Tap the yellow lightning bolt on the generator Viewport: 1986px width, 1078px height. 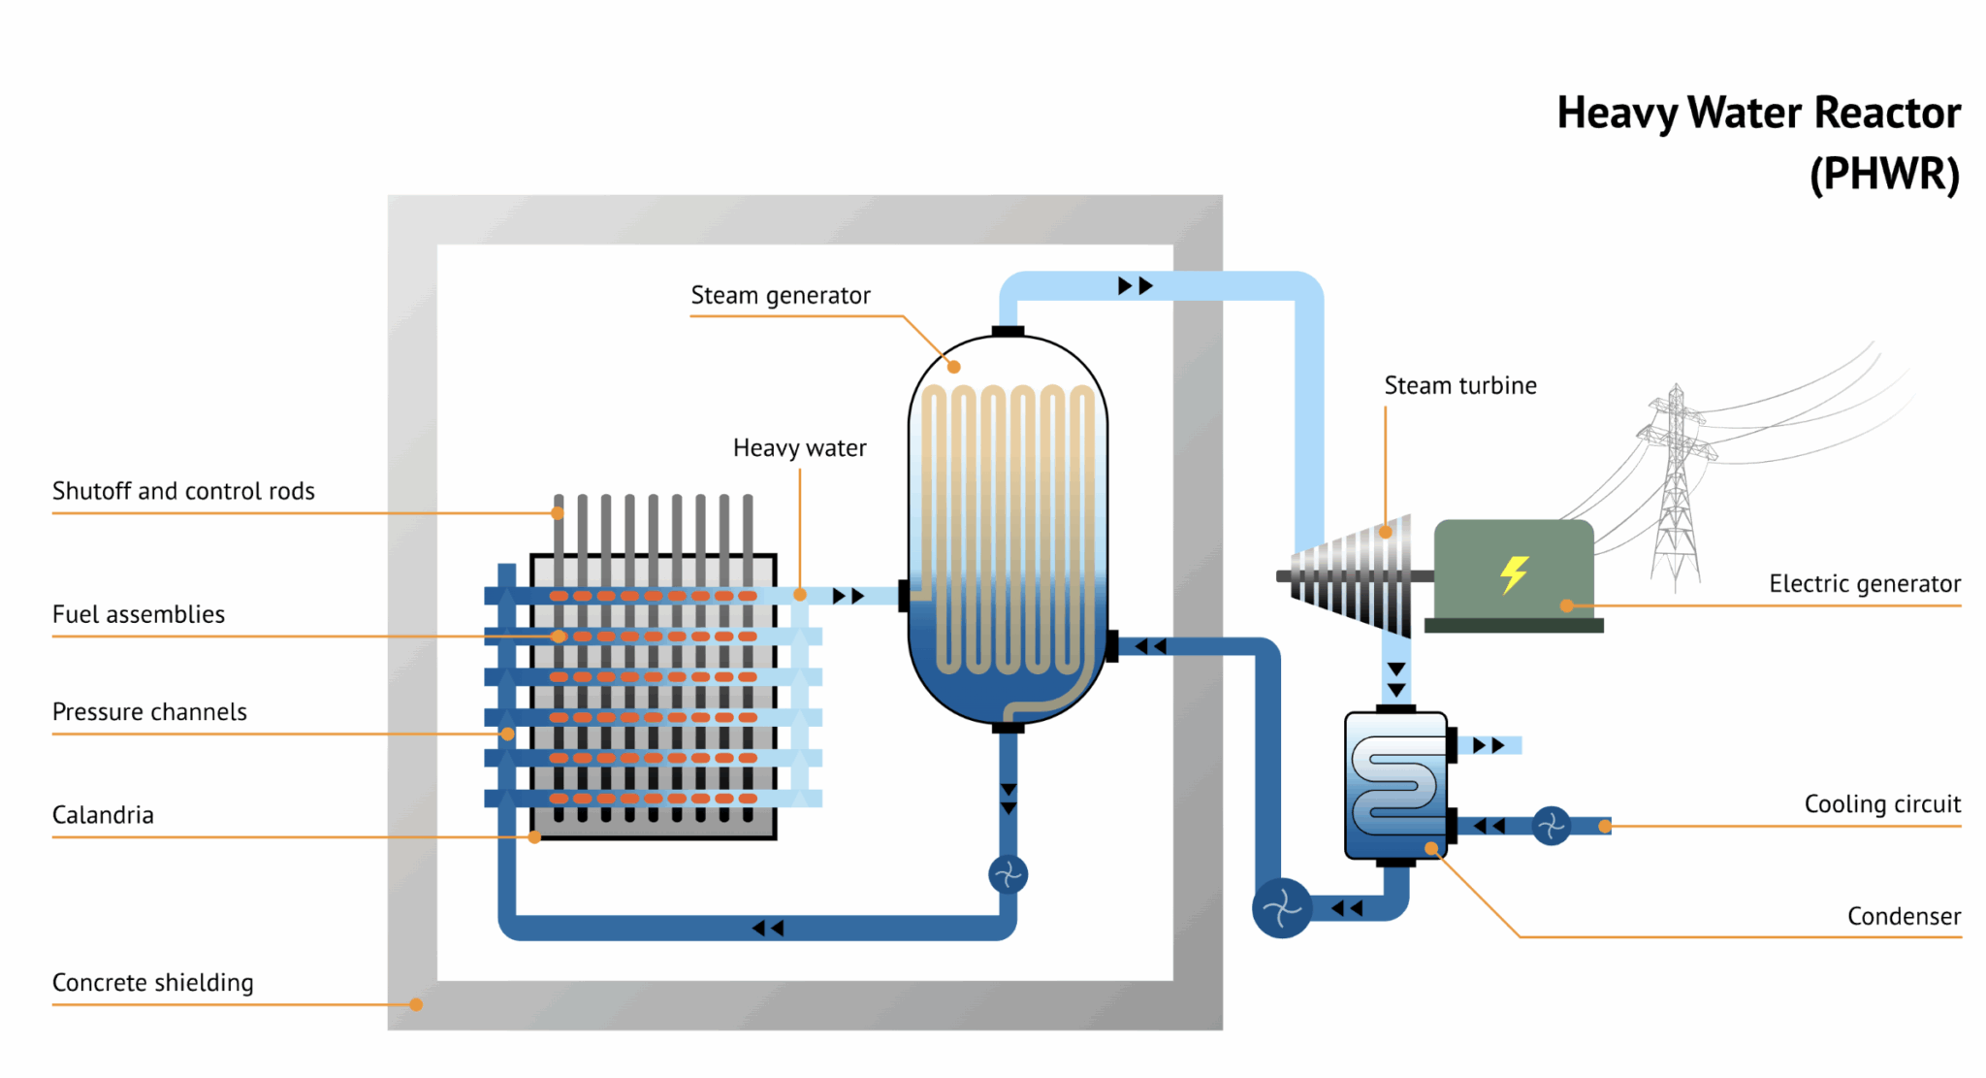[1514, 573]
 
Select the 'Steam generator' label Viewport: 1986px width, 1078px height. [780, 295]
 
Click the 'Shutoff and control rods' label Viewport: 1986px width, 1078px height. [183, 491]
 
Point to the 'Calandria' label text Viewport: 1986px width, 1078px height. [103, 815]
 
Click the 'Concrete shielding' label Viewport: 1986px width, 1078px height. [152, 983]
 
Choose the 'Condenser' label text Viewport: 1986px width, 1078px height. [1903, 916]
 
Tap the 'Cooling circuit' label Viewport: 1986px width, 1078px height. [1881, 804]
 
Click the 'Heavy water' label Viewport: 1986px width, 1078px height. [799, 448]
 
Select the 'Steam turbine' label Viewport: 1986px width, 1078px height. [1459, 385]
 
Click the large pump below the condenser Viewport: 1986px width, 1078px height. [1282, 908]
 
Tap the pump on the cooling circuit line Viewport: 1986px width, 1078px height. [1551, 826]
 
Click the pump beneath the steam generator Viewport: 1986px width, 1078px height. [1008, 875]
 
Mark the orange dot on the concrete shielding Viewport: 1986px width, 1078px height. [416, 1004]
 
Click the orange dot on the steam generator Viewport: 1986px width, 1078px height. [954, 367]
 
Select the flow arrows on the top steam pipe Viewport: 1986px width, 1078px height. [1135, 286]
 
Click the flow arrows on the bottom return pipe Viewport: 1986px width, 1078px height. [767, 929]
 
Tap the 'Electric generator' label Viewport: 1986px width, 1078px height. [1864, 584]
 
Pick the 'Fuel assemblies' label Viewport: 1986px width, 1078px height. [139, 614]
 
